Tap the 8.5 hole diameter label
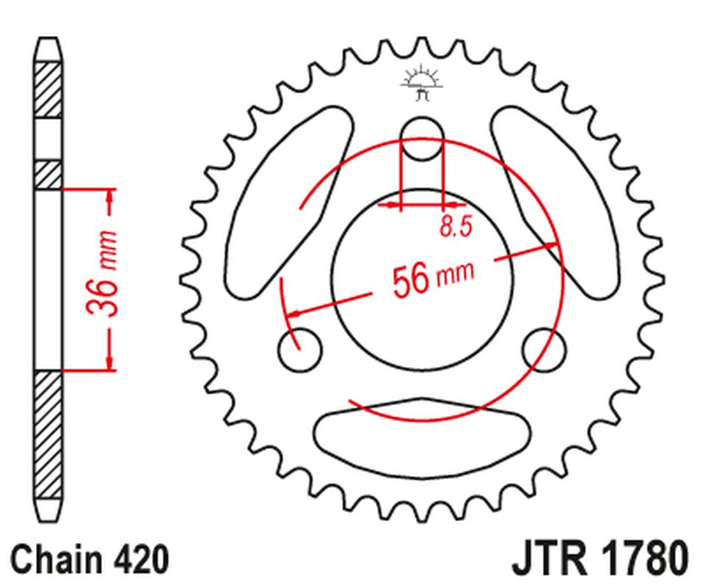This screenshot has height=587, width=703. click(x=455, y=227)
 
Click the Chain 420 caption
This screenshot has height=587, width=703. click(x=90, y=559)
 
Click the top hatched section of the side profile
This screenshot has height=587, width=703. click(x=49, y=89)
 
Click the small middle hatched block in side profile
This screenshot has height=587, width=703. click(x=49, y=174)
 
